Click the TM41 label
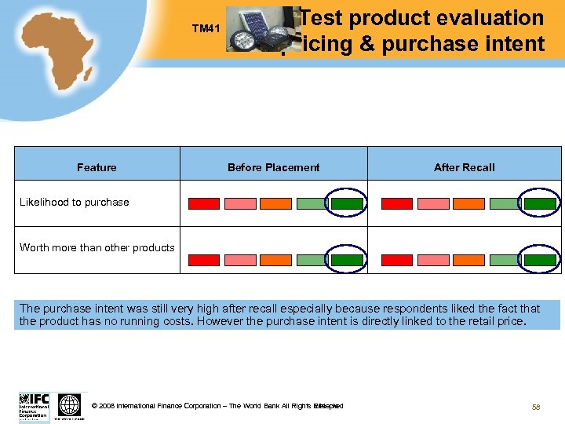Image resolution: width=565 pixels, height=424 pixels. point(206,29)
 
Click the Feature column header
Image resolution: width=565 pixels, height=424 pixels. point(97,167)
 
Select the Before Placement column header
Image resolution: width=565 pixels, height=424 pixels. point(273,167)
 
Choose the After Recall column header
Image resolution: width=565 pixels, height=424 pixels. point(465,167)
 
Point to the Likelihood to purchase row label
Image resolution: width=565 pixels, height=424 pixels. point(74,202)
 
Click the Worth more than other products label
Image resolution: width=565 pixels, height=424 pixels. point(97,247)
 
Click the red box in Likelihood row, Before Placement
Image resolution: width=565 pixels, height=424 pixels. point(204,203)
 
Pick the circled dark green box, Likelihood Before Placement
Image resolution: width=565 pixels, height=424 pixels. point(346,203)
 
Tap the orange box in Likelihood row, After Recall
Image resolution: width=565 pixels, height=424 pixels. point(468,203)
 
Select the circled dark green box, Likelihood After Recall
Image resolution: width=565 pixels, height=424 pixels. point(540,203)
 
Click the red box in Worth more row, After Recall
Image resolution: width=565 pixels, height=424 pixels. point(396,259)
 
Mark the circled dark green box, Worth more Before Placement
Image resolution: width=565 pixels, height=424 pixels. point(346,259)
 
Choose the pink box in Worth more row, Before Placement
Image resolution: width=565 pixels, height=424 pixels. point(240,259)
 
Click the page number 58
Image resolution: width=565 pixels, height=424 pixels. point(537,406)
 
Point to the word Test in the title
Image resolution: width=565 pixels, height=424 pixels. point(323,18)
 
